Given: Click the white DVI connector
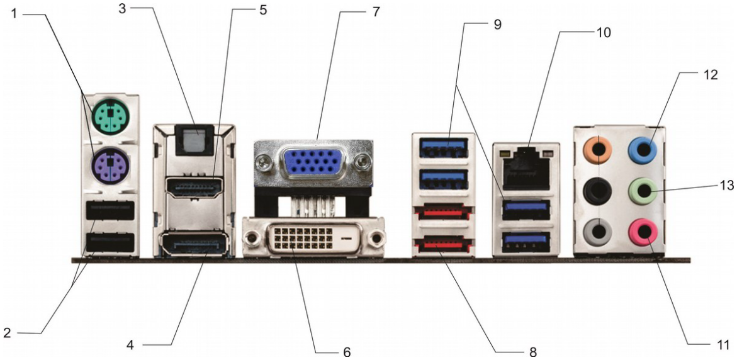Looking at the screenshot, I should coord(313,239).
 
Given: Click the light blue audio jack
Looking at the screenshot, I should coord(645,150).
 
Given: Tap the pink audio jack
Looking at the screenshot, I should coord(645,232).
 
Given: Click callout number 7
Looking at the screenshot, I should coord(376,11).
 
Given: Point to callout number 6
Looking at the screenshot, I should coord(347,351).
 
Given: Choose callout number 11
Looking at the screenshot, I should coord(723,345).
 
